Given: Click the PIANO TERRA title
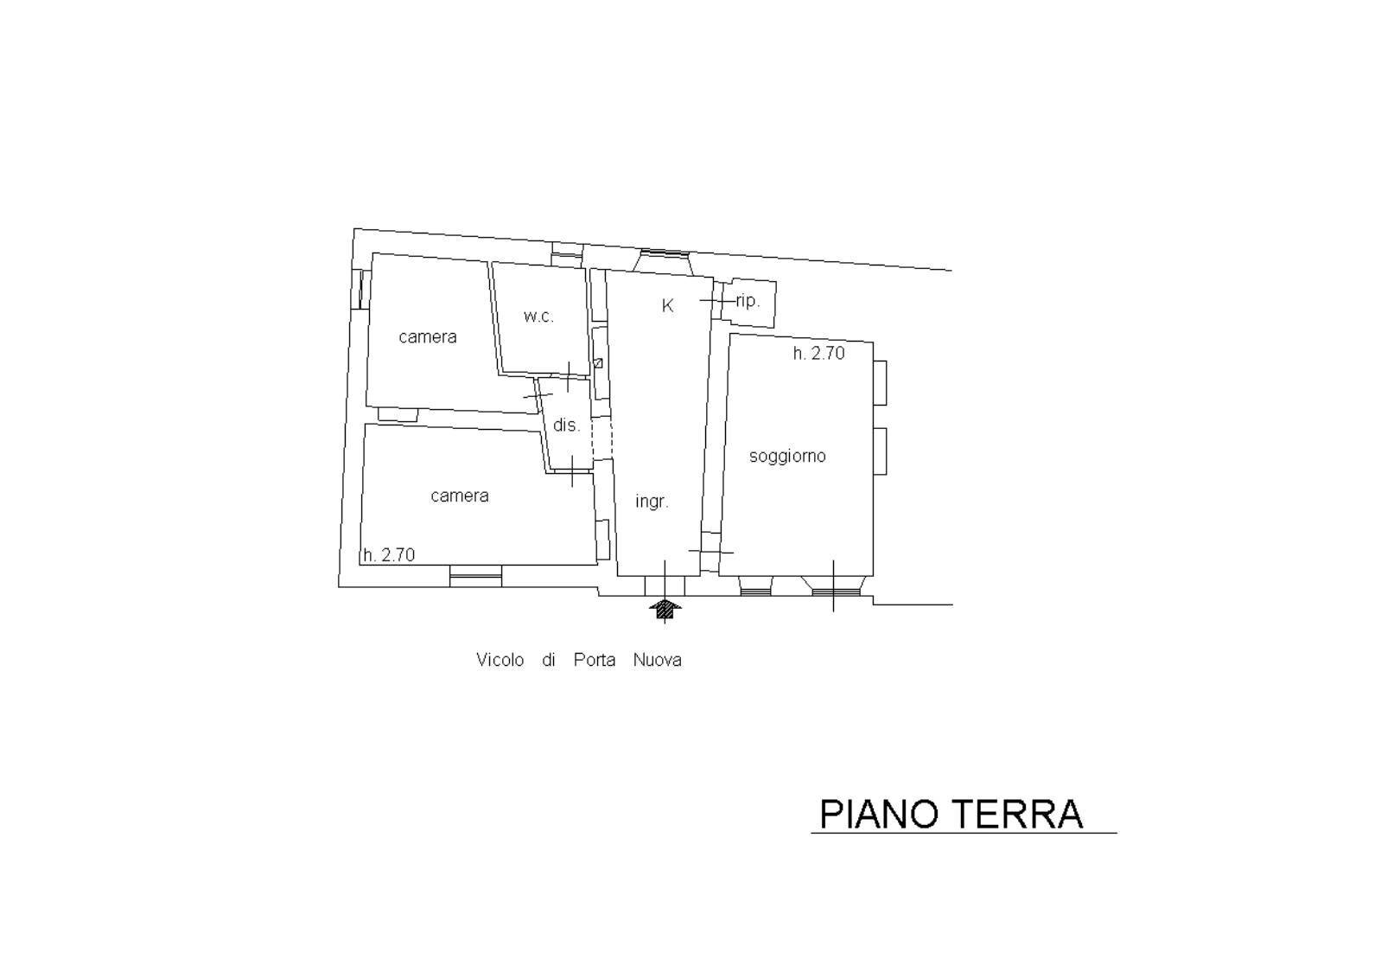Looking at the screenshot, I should click(951, 814).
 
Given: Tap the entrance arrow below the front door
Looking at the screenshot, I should click(665, 610).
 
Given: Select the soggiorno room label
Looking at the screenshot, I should click(786, 456).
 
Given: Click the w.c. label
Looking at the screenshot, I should click(538, 317).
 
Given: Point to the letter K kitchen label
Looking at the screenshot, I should click(667, 305).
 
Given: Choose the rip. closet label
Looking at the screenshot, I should click(748, 301).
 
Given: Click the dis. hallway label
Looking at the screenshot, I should click(566, 425).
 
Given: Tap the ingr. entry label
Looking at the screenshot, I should click(652, 502).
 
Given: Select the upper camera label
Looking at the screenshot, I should click(427, 337).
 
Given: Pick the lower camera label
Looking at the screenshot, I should click(459, 496).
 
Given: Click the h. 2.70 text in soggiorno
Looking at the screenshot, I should click(818, 353).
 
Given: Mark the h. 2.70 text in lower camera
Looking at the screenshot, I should click(388, 555).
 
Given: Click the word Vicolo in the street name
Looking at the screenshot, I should click(500, 660).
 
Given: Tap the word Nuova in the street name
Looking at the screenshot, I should click(657, 660).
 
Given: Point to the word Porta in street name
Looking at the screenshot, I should click(595, 660).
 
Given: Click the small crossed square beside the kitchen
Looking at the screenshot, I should click(597, 363).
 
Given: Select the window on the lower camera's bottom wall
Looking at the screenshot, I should click(475, 575).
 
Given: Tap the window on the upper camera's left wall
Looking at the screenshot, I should click(358, 289).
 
